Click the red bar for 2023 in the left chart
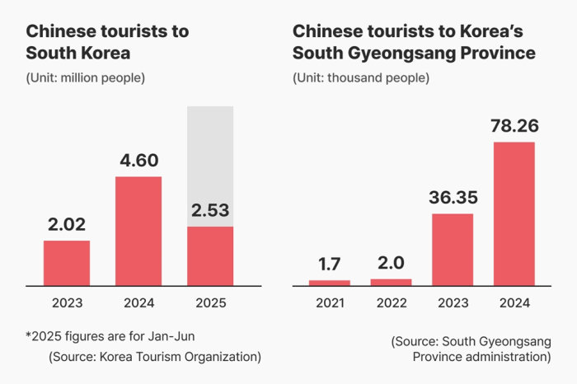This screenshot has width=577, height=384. click(67, 263)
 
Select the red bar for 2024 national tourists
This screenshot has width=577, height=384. click(138, 231)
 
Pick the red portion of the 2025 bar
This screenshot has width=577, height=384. click(210, 255)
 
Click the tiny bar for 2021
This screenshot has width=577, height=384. click(330, 283)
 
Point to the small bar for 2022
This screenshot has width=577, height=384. click(392, 282)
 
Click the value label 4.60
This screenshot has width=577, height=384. click(138, 161)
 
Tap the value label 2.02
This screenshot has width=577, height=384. click(67, 224)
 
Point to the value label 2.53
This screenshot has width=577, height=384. click(210, 210)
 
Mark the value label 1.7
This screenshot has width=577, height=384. click(330, 264)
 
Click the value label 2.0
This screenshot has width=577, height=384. click(392, 263)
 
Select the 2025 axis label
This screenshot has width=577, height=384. click(210, 303)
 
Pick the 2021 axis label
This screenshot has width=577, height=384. click(330, 303)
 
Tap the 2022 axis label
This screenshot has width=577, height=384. click(392, 303)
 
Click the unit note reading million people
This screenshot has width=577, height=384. click(86, 78)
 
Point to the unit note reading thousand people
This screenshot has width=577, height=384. click(360, 78)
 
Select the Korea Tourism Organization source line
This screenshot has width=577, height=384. click(155, 357)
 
